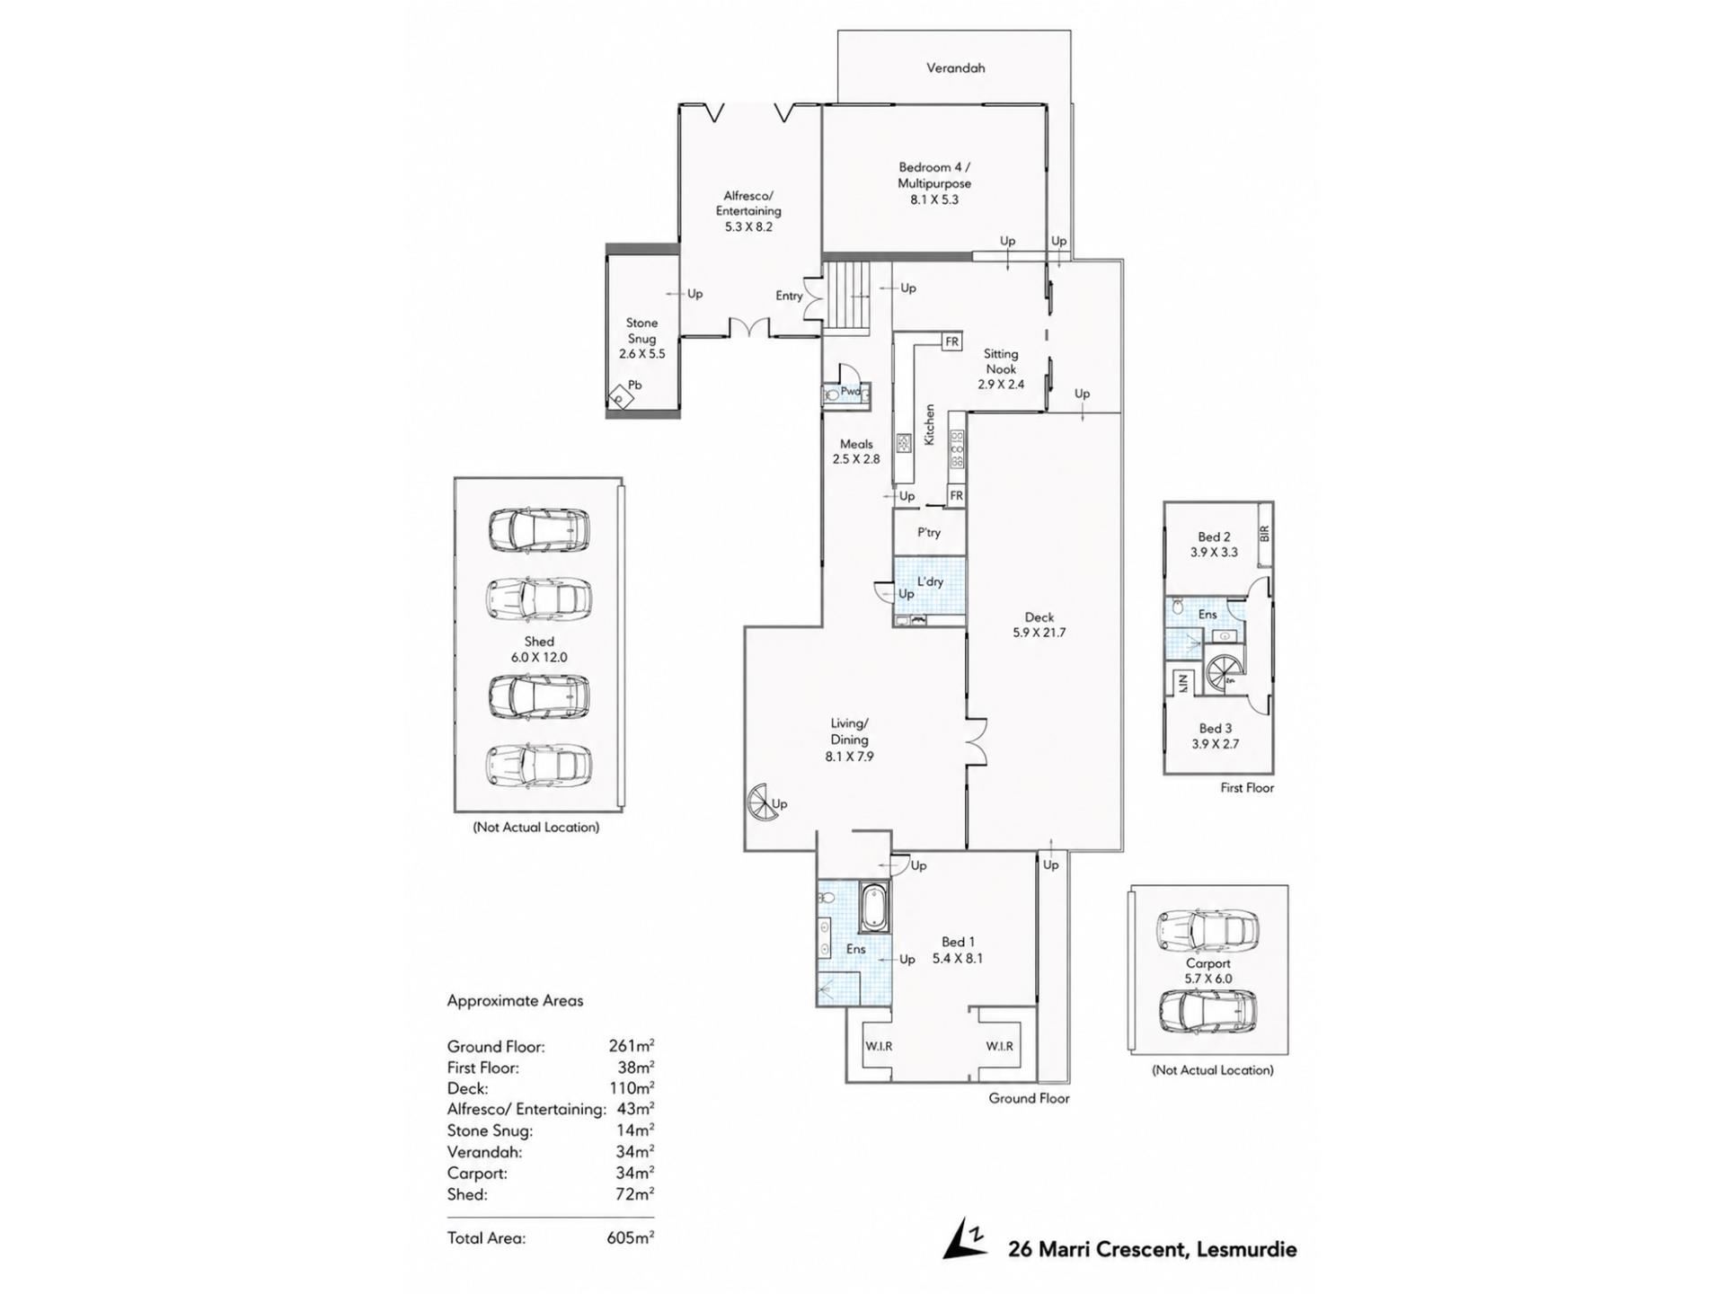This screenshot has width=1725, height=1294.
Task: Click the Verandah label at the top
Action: point(955,67)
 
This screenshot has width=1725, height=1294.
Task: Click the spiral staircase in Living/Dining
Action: point(765,802)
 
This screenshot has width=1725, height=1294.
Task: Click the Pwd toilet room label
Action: point(850,392)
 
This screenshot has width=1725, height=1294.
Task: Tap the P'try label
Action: point(929,533)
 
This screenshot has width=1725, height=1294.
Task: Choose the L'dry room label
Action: point(930,581)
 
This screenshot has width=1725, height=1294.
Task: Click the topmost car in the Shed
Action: point(539,530)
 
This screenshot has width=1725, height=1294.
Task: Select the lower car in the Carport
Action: point(1208,1011)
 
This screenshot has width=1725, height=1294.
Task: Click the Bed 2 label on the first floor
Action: point(1214,536)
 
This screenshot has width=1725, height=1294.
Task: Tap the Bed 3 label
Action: point(1215,729)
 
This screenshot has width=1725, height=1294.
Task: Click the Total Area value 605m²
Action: point(630,1237)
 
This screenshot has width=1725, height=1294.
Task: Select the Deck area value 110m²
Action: point(632,1088)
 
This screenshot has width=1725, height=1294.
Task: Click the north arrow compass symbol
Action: point(965,1239)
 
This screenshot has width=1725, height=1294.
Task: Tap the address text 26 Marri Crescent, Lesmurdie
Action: point(1153,1249)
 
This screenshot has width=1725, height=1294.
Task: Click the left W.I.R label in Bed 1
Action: point(879,1046)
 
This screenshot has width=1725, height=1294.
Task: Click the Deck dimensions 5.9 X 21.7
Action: point(1039,633)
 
